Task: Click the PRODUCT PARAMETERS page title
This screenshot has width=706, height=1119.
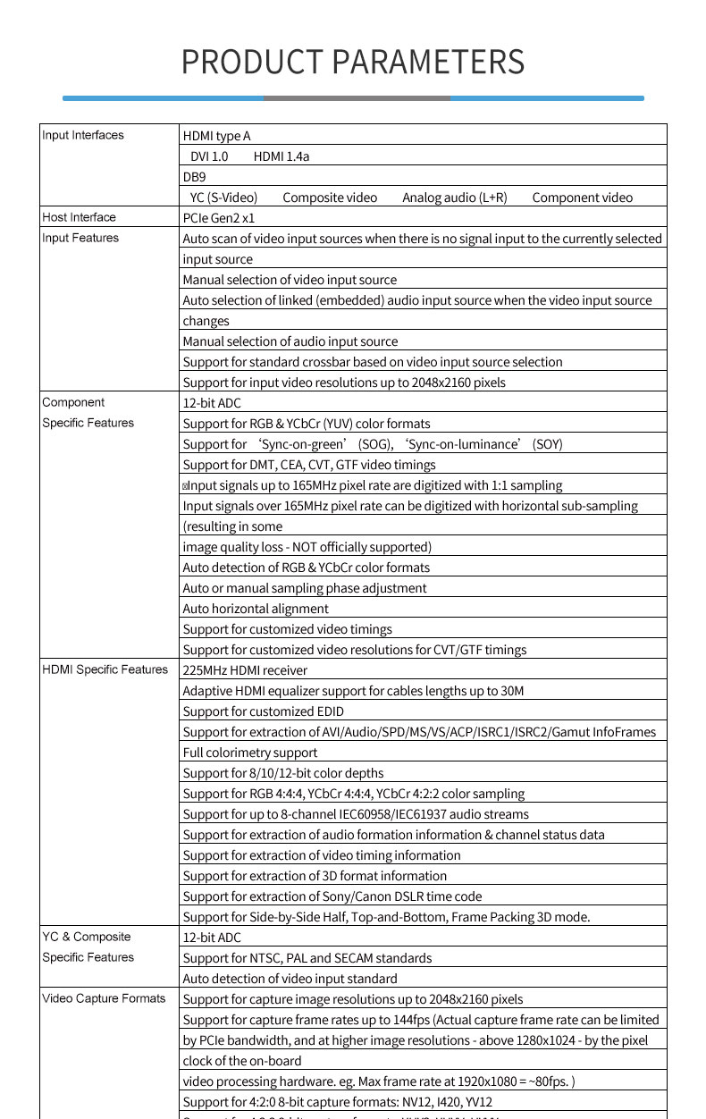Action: [353, 62]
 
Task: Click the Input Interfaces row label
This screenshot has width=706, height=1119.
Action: [83, 135]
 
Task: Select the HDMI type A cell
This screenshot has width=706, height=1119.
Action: [216, 136]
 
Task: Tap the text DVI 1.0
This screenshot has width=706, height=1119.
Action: [209, 156]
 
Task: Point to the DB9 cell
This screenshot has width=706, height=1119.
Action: [194, 177]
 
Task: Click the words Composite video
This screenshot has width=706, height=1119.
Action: [330, 198]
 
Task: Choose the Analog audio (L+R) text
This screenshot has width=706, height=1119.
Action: [454, 198]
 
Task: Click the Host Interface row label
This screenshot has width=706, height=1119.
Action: [79, 217]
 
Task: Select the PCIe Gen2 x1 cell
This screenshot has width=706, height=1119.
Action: [218, 218]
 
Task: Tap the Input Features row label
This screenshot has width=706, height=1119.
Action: [80, 238]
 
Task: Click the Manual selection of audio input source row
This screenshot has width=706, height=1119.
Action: [290, 341]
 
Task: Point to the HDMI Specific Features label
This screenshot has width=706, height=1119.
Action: [105, 669]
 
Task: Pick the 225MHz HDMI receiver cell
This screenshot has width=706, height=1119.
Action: [245, 670]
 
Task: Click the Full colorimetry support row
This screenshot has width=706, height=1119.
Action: [249, 753]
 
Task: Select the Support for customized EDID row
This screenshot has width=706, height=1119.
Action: [263, 711]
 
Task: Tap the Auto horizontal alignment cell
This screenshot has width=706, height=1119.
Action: [242, 609]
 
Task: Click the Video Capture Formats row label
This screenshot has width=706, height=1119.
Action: [104, 998]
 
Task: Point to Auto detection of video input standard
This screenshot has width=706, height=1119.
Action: [290, 979]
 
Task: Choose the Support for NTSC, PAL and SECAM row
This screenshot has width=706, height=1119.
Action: [307, 958]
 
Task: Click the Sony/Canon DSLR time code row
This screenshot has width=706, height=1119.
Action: [332, 896]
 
